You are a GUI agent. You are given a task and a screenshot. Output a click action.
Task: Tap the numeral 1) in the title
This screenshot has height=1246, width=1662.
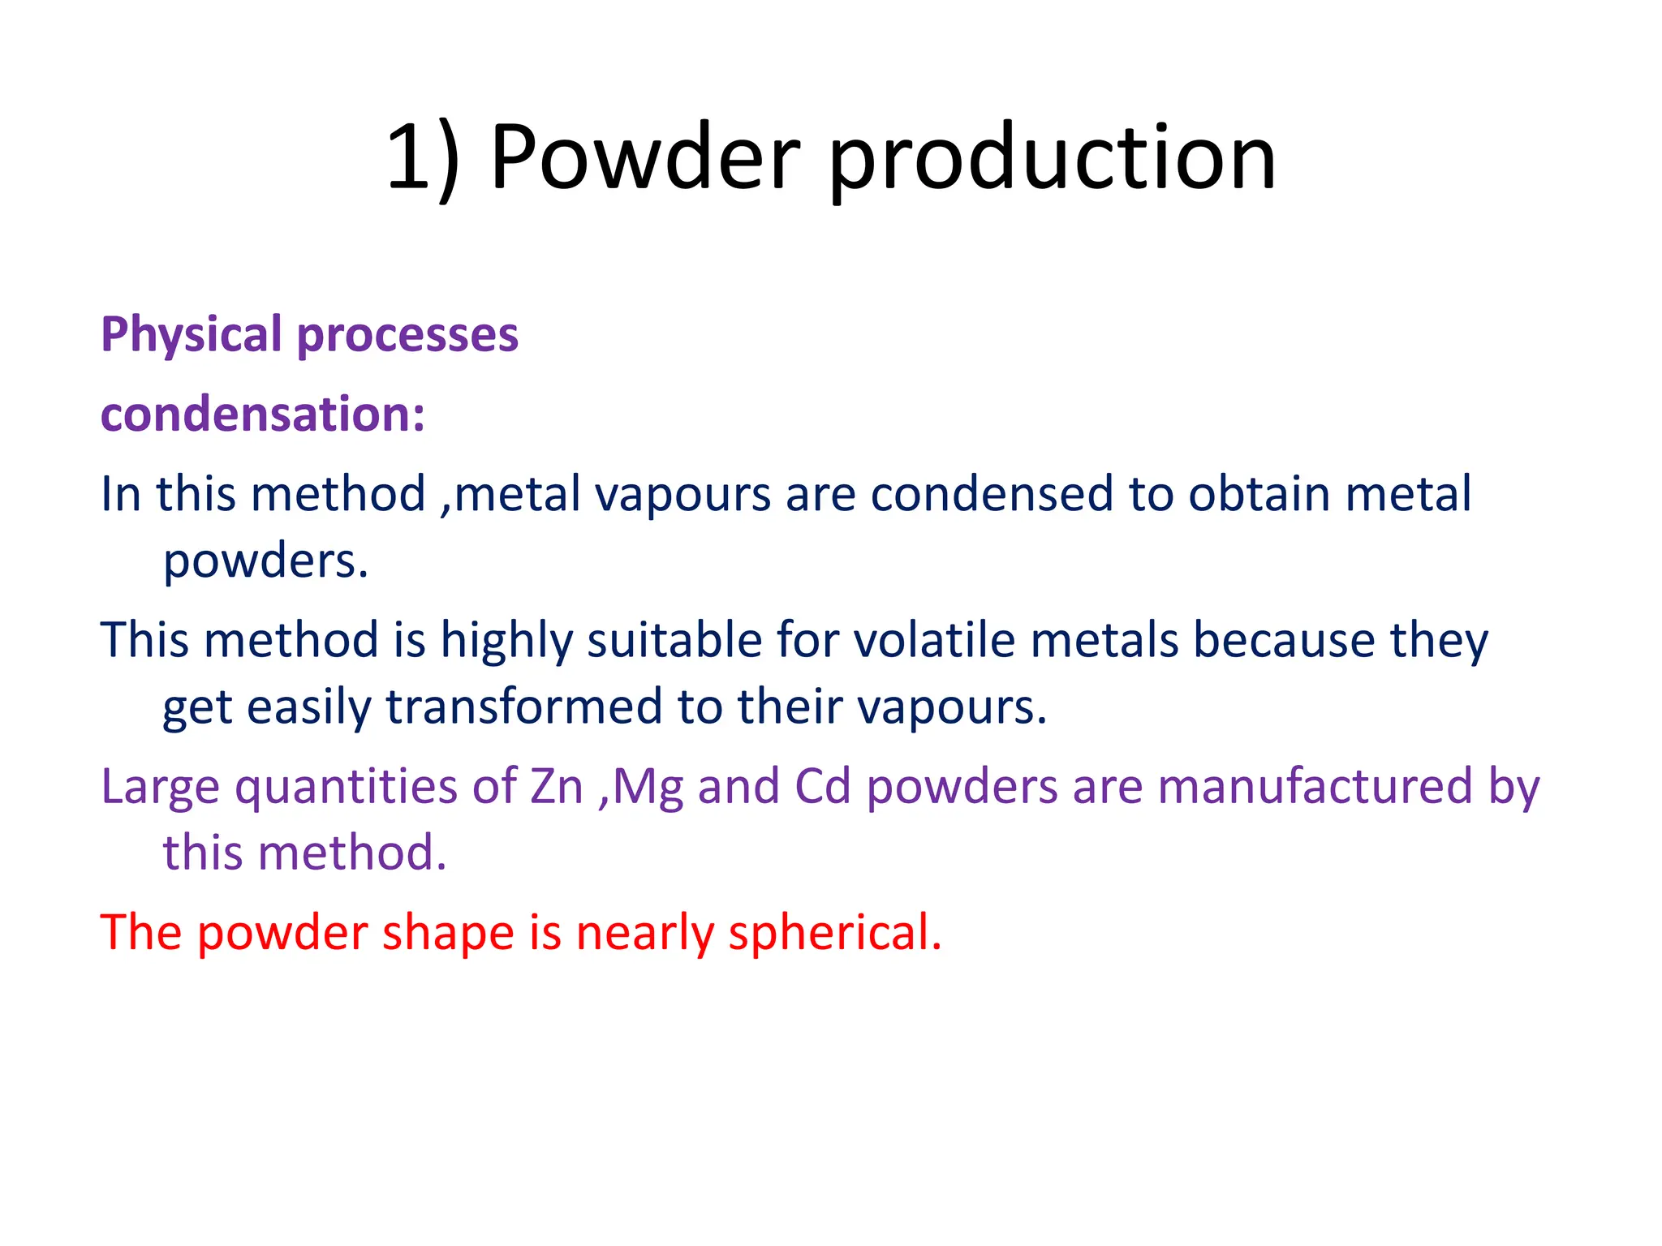click(x=422, y=158)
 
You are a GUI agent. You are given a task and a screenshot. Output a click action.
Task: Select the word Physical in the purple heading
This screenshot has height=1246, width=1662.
click(x=191, y=336)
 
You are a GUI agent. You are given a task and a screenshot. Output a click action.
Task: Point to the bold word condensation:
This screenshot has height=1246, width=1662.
click(x=262, y=415)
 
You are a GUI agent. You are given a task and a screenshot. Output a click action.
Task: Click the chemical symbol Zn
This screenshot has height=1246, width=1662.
click(x=557, y=786)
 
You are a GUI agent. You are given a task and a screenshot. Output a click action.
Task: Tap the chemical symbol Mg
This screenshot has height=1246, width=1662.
click(x=648, y=788)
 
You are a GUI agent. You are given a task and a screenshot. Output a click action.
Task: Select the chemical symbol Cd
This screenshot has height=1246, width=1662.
click(x=822, y=786)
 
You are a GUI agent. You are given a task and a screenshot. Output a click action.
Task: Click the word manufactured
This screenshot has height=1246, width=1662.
click(x=1315, y=786)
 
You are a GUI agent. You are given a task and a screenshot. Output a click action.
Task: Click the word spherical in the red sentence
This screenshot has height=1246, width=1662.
click(x=835, y=933)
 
